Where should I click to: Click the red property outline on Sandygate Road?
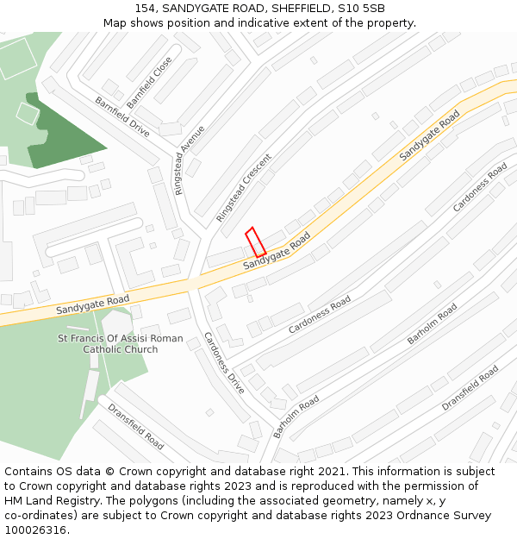click(x=255, y=242)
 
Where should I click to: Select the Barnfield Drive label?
click(x=122, y=117)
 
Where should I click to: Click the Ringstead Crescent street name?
click(x=244, y=188)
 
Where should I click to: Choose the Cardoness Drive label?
click(x=224, y=362)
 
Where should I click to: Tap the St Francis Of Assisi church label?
click(x=121, y=344)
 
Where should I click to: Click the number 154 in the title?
click(x=146, y=9)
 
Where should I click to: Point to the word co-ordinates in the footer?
click(x=40, y=516)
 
